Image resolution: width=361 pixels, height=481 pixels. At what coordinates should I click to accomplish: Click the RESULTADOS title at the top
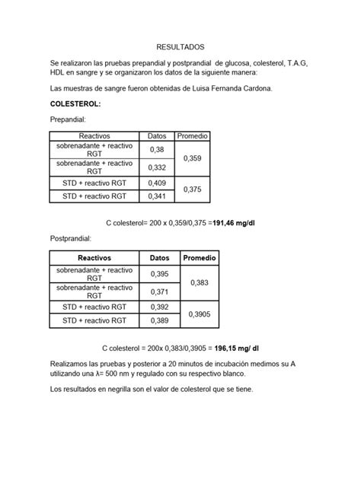(x=180, y=46)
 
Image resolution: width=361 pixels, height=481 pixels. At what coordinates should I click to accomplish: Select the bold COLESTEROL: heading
(x=75, y=104)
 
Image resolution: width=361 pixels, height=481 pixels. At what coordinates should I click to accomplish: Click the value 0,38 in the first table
(x=157, y=149)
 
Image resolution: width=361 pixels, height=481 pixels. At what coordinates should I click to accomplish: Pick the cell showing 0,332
(x=157, y=167)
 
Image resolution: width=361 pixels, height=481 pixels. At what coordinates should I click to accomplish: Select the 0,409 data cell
(x=157, y=183)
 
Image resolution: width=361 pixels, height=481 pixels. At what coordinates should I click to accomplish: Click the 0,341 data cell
(x=157, y=196)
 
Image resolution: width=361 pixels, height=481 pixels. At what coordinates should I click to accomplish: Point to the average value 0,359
(x=193, y=158)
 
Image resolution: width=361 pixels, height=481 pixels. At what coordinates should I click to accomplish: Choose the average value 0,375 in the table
(x=193, y=190)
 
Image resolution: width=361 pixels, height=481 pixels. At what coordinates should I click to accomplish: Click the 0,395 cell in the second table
(x=160, y=274)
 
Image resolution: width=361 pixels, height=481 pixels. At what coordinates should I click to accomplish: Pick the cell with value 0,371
(x=160, y=292)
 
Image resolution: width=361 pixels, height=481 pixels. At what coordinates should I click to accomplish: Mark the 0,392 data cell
(x=160, y=307)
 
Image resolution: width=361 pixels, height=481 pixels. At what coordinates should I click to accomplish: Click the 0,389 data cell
(x=160, y=321)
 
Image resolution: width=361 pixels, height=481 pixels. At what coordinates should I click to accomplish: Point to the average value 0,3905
(x=200, y=314)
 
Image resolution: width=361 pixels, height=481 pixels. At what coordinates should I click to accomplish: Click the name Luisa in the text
(x=187, y=88)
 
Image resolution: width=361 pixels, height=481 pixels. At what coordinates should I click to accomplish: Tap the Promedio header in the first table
(x=193, y=135)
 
